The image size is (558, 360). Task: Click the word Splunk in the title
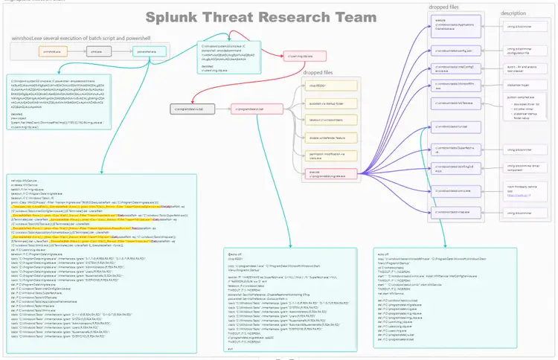tap(173, 18)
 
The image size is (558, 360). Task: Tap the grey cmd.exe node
tap(96, 53)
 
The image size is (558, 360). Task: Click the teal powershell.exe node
tap(146, 53)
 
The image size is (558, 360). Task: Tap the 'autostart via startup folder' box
tap(327, 103)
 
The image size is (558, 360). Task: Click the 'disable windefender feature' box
tap(327, 138)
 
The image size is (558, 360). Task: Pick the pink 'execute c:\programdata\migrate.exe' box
tap(327, 174)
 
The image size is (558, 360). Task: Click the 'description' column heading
tap(513, 13)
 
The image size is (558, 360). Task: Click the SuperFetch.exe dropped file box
tap(453, 149)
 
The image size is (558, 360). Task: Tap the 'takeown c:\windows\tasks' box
tap(327, 120)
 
